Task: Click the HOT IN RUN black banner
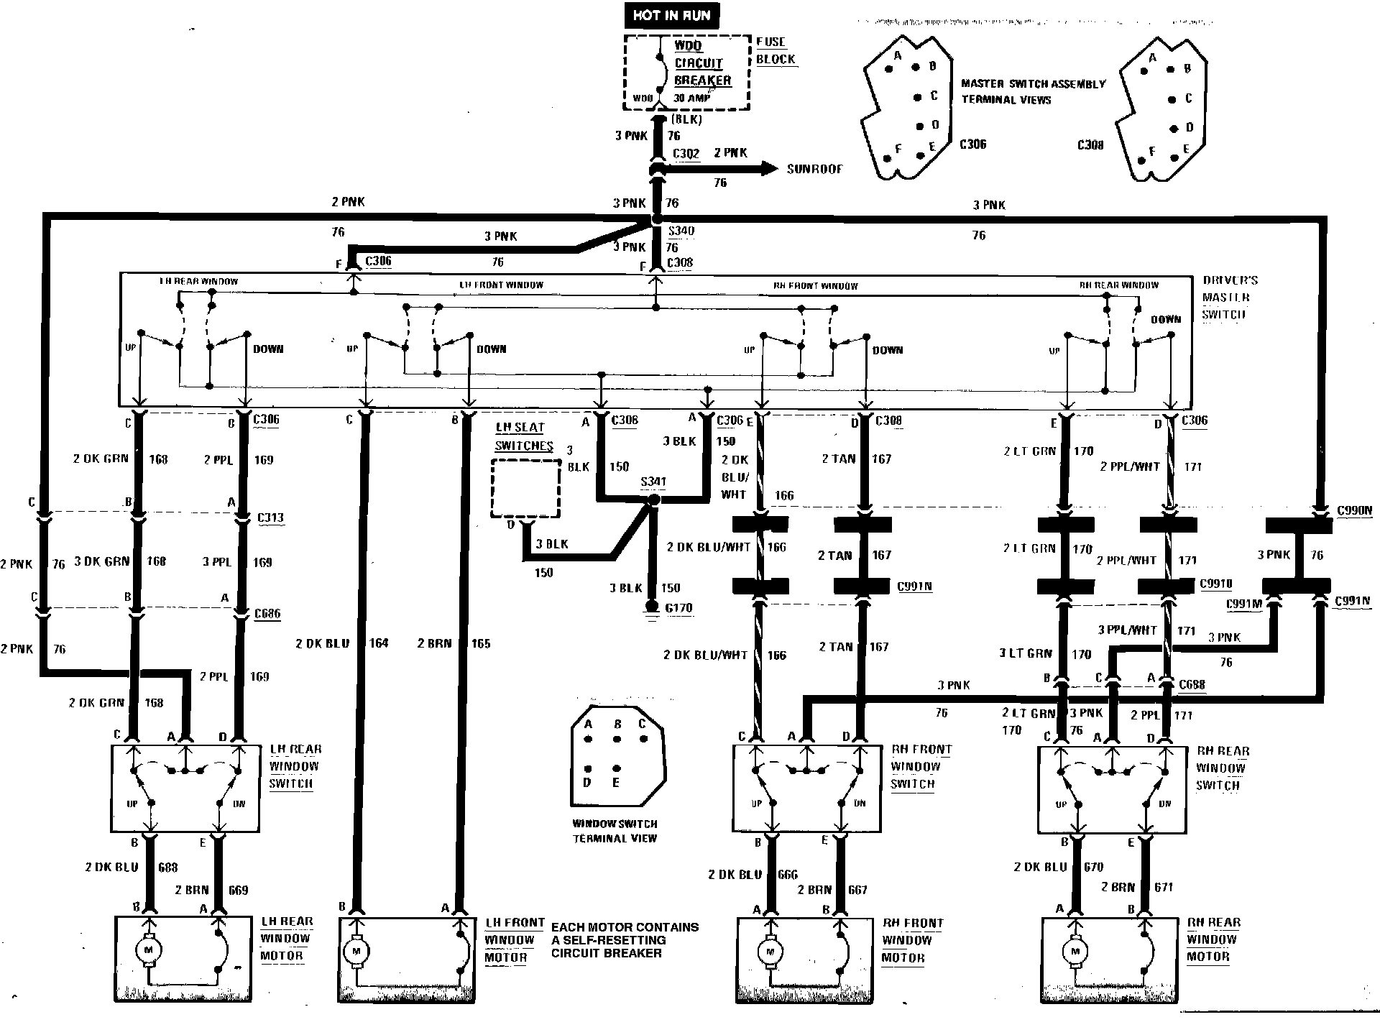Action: point(671,15)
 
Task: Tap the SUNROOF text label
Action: point(814,170)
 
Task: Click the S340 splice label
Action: point(681,231)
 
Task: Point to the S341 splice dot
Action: point(653,500)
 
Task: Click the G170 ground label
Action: point(678,608)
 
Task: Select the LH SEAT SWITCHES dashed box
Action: point(525,489)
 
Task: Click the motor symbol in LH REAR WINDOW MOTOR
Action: point(149,950)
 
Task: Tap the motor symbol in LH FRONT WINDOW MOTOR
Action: point(355,952)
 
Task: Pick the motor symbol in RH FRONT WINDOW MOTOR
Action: point(770,952)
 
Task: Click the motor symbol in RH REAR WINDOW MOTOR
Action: point(1075,952)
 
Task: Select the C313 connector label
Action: point(270,517)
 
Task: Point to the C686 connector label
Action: point(267,614)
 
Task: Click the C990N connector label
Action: point(1354,511)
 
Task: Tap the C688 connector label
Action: point(1192,685)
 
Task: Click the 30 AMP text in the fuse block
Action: point(691,98)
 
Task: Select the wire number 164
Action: point(379,643)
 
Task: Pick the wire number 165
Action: point(481,643)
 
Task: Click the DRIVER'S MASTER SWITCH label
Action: point(1229,298)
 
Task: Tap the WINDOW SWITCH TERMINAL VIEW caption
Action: point(615,831)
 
